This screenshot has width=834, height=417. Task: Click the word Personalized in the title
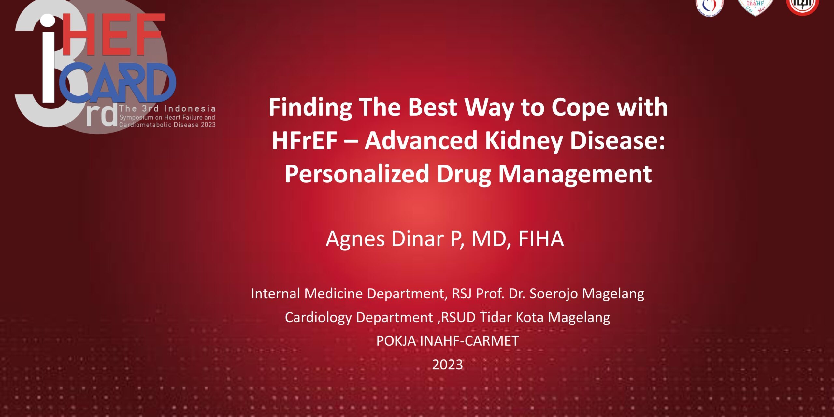pos(357,174)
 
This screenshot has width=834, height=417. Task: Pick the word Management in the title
pos(575,175)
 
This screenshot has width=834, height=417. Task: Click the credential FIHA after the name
pos(541,238)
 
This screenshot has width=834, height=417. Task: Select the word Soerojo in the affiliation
pos(554,294)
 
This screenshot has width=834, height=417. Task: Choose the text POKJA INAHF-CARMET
pos(447,341)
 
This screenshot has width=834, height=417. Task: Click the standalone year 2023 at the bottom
pos(447,365)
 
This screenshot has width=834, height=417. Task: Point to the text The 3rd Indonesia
pos(167,108)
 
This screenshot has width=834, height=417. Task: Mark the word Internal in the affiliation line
pos(275,294)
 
